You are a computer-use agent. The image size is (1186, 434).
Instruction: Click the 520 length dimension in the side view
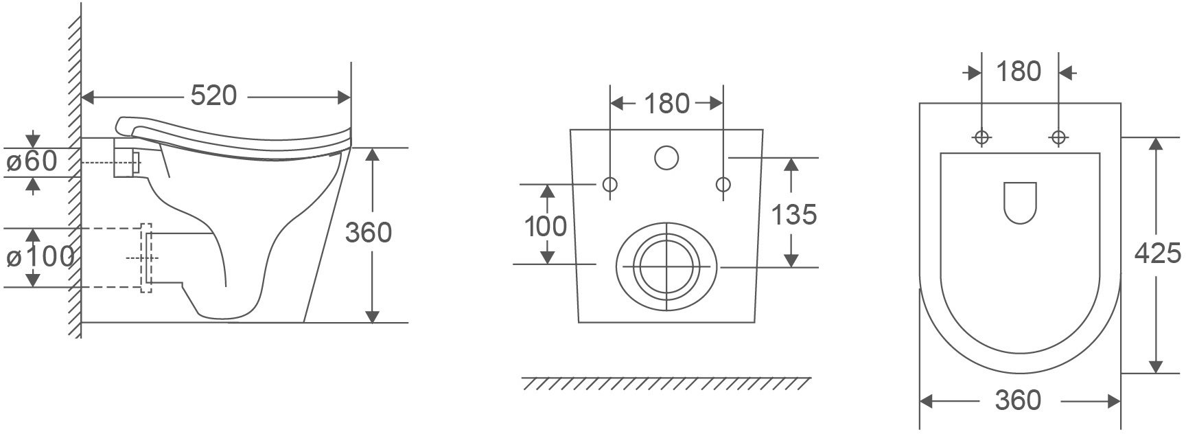(x=213, y=96)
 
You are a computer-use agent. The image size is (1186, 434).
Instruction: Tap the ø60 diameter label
(x=32, y=162)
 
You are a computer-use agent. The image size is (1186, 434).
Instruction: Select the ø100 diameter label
(x=40, y=256)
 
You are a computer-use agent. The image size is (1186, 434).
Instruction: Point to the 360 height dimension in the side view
(x=368, y=233)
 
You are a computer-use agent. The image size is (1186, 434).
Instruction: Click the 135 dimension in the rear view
(x=794, y=215)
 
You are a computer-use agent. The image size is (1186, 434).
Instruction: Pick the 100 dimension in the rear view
(x=546, y=226)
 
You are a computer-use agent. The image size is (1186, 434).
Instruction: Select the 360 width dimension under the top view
(x=1018, y=400)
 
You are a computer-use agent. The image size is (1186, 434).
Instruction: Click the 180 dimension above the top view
(x=1018, y=71)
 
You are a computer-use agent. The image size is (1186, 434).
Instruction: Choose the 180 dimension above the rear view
(x=666, y=104)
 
